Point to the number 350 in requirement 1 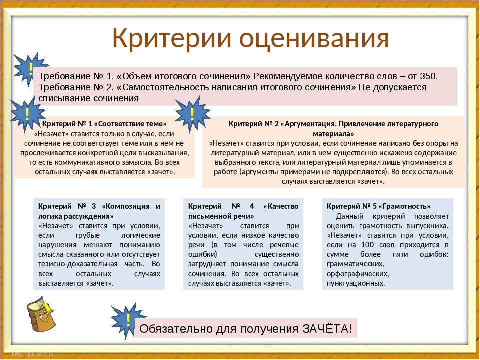(x=428, y=76)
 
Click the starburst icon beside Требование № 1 (x=30, y=69)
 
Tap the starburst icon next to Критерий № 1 (x=28, y=114)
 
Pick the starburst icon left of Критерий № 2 (x=192, y=114)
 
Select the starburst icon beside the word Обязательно (x=128, y=321)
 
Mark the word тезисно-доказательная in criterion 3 (x=78, y=264)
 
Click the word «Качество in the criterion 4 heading (x=281, y=206)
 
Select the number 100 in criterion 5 (x=367, y=245)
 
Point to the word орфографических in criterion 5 (x=358, y=274)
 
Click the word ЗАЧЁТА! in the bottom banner (x=327, y=329)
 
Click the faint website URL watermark (x=33, y=354)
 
